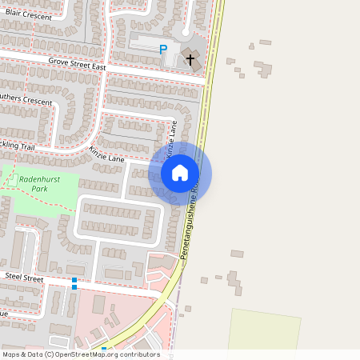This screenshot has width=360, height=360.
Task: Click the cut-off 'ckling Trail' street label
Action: (x=18, y=146)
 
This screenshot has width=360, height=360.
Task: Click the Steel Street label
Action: (x=24, y=275)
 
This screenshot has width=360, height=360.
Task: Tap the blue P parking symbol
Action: (x=163, y=50)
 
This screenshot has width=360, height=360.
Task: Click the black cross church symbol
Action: (x=190, y=58)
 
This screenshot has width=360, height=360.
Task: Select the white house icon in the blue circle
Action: (x=180, y=172)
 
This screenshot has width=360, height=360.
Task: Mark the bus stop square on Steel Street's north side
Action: (x=74, y=279)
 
